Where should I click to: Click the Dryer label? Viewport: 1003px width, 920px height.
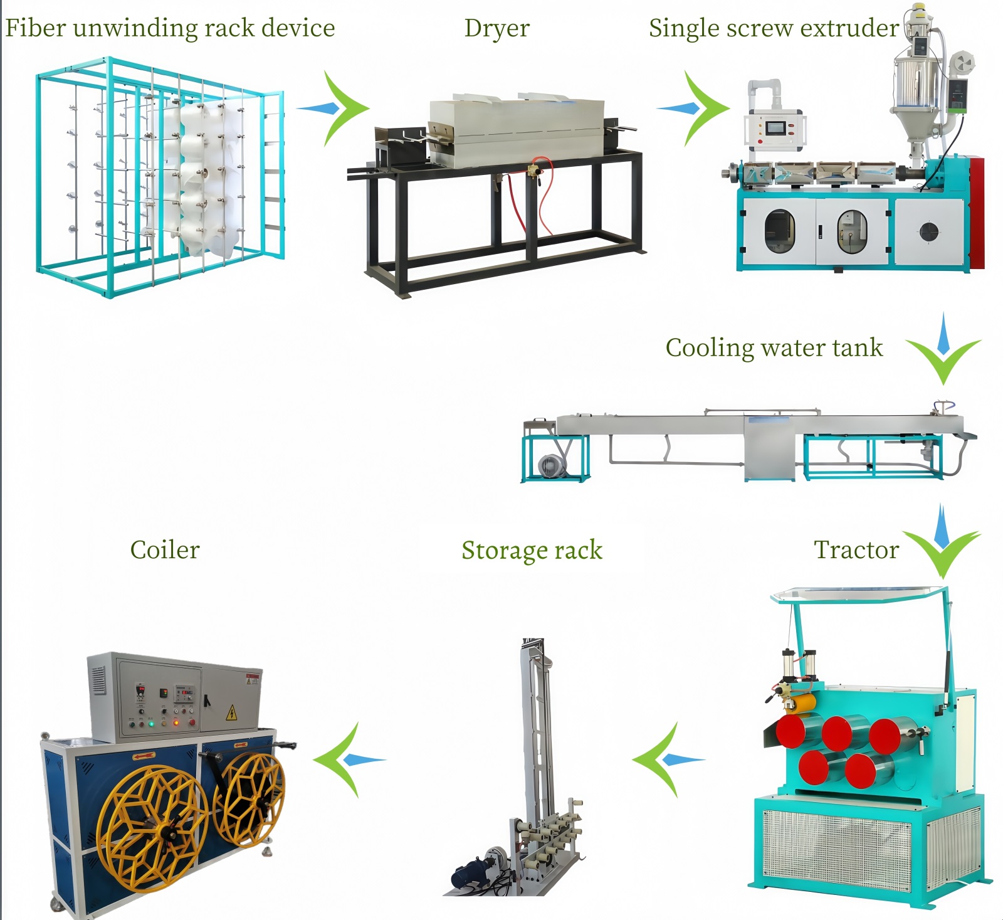point(496,28)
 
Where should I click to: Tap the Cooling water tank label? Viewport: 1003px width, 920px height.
point(774,348)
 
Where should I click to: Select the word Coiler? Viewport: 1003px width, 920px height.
point(165,550)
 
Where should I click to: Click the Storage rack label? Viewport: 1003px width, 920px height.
point(532,550)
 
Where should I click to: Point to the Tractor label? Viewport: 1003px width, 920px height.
point(856,550)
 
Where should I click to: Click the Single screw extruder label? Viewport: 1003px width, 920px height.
point(774,28)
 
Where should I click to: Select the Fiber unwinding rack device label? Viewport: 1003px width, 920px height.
point(170,28)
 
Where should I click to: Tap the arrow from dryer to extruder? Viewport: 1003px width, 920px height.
point(696,108)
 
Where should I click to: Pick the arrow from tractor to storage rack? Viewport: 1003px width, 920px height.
point(666,760)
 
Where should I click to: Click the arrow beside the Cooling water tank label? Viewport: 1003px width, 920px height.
point(943,351)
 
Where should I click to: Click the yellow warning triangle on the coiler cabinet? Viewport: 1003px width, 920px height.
point(231,713)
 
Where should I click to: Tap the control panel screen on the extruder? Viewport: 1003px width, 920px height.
point(775,127)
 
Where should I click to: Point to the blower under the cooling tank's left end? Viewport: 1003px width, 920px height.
point(550,466)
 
